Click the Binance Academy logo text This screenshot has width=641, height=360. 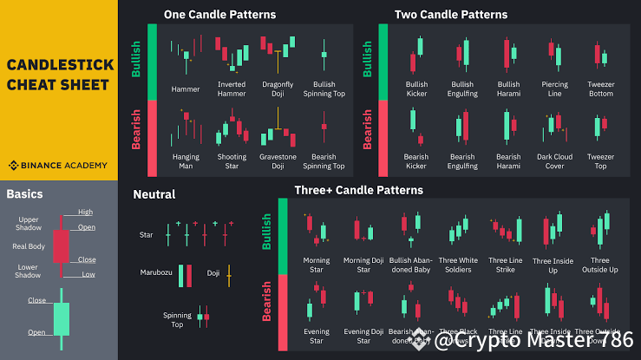pos(62,164)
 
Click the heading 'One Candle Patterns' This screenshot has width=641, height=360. pos(219,15)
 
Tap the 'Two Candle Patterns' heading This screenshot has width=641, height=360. pos(451,15)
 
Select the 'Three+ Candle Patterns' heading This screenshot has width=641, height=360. pos(359,189)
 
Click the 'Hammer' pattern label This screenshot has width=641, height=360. pos(186,88)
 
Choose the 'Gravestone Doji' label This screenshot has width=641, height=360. pos(277,161)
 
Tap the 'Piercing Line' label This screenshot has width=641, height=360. pos(554,88)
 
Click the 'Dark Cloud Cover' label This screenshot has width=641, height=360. pos(554,161)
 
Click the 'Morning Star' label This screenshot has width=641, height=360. pos(317,265)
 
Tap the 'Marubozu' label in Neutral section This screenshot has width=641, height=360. pos(156,272)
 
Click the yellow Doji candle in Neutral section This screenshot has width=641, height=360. pos(229,276)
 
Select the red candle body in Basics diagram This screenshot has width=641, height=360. pos(61,246)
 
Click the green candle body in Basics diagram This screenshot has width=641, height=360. pos(61,318)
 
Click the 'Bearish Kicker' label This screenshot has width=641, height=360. pos(416,161)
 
